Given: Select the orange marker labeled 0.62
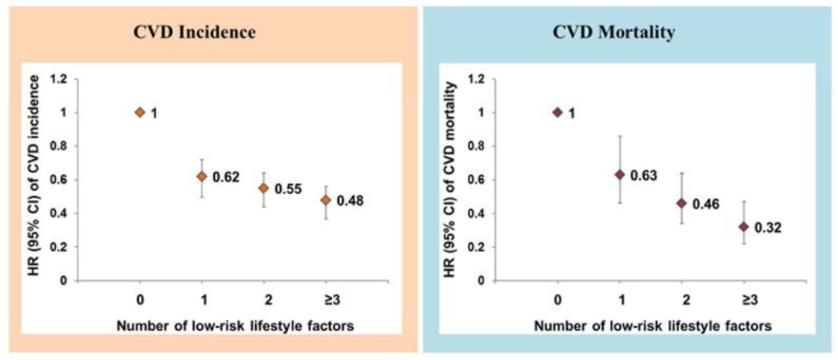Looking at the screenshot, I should click(202, 176).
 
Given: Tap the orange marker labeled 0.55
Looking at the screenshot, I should click(264, 188).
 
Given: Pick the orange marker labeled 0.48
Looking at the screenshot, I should click(326, 199).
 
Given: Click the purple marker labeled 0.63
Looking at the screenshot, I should click(619, 175).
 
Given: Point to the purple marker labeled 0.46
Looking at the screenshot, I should click(681, 203).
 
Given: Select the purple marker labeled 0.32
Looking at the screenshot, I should click(743, 227).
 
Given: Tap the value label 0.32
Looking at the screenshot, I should click(769, 228).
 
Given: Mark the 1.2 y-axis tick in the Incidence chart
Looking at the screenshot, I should click(59, 79).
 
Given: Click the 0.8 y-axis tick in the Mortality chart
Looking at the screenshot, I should click(476, 146).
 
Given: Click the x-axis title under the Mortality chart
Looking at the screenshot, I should click(653, 327).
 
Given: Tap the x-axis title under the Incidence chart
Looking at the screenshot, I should click(235, 327).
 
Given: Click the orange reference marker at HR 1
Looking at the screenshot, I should click(140, 112).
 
